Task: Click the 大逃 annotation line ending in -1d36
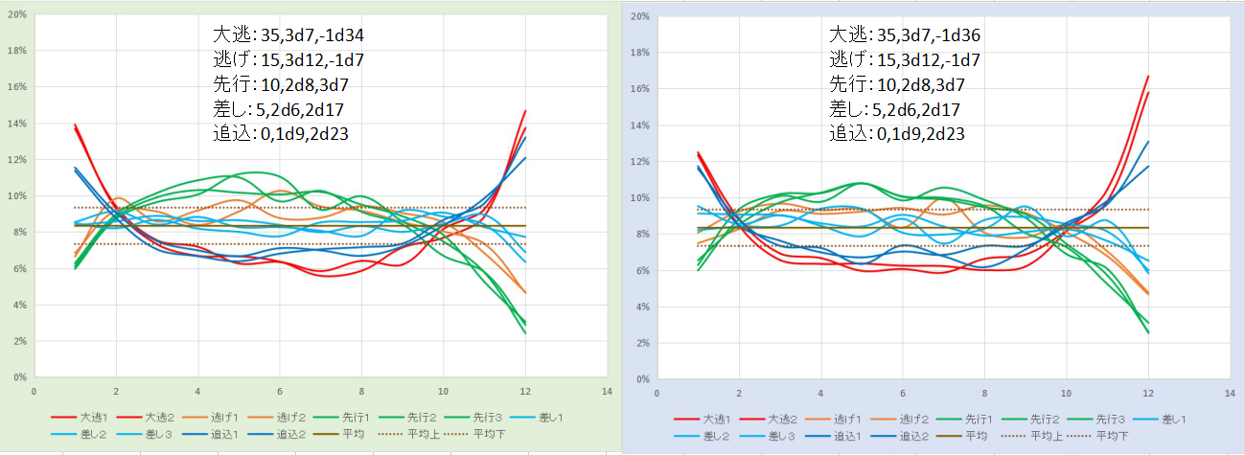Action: pyautogui.click(x=905, y=37)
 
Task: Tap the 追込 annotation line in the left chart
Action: pyautogui.click(x=280, y=135)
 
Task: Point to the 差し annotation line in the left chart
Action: pyautogui.click(x=277, y=110)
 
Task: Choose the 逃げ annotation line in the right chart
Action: pyautogui.click(x=903, y=61)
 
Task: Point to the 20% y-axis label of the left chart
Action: pyautogui.click(x=17, y=15)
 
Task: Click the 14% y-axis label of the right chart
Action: pyautogui.click(x=640, y=125)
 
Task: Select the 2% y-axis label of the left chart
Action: pyautogui.click(x=20, y=341)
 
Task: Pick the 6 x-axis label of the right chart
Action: pyautogui.click(x=902, y=393)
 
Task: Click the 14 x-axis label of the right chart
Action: pyautogui.click(x=1229, y=393)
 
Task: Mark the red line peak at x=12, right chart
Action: pyautogui.click(x=1147, y=77)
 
